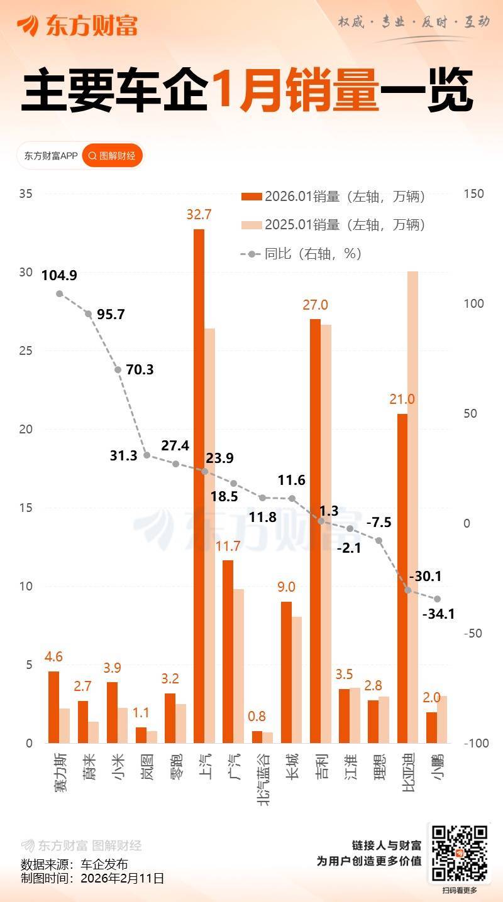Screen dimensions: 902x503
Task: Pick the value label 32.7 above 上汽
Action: point(199,214)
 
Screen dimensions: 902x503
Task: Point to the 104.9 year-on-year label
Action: point(59,275)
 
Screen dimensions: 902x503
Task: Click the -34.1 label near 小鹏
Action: point(439,614)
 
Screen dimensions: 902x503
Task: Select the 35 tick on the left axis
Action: point(26,193)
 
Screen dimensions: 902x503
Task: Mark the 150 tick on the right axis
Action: point(474,193)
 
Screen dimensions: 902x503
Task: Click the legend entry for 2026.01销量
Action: point(334,197)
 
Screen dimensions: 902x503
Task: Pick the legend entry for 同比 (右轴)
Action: point(302,254)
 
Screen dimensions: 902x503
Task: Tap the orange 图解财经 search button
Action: point(113,156)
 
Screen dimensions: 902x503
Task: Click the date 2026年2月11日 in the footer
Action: point(123,878)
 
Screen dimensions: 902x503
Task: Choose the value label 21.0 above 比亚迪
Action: point(402,399)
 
